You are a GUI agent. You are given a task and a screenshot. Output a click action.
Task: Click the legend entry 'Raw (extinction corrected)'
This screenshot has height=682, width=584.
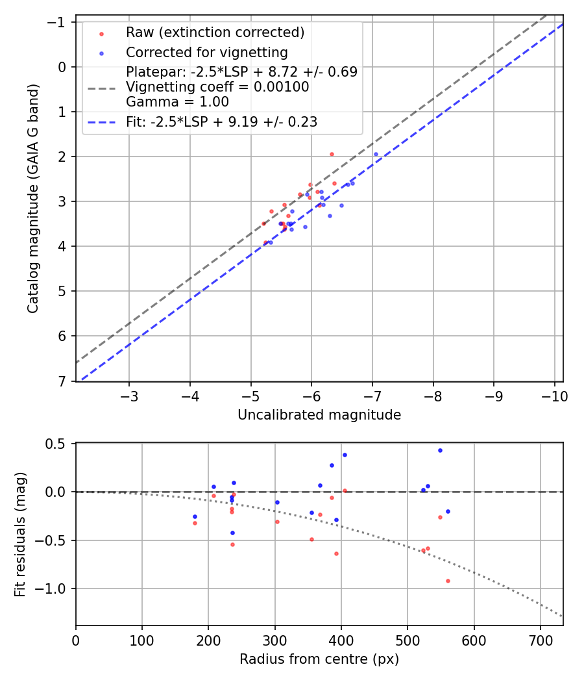[215, 32]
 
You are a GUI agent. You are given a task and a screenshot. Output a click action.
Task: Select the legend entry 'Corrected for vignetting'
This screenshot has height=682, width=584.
[206, 52]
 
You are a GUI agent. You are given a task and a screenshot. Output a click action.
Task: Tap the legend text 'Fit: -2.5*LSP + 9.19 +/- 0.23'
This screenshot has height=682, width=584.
[221, 121]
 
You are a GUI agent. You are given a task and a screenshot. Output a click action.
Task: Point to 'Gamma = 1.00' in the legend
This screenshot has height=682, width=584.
[177, 101]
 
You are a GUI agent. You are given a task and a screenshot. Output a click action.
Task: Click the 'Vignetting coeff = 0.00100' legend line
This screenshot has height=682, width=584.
[217, 86]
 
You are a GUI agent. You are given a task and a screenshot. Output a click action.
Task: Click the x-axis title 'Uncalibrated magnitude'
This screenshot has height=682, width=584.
[319, 415]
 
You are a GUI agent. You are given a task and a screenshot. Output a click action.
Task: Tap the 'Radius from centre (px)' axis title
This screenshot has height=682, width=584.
[319, 659]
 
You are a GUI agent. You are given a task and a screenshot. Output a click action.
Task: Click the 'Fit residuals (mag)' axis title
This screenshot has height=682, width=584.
[20, 534]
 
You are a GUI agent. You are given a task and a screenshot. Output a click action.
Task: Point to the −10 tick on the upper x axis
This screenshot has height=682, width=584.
[554, 396]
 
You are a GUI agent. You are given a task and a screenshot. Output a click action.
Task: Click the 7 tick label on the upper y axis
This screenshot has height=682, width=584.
[63, 381]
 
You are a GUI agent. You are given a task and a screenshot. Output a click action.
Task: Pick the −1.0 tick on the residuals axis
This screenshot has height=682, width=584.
[54, 588]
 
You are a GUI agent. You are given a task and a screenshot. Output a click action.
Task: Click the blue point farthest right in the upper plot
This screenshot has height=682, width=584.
[376, 154]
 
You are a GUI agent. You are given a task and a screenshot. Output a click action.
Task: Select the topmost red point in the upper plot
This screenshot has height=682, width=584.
[332, 154]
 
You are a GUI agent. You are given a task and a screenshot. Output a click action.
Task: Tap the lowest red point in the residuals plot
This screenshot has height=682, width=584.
[448, 581]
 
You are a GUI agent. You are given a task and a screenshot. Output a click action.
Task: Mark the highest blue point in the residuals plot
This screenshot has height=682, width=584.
[440, 450]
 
